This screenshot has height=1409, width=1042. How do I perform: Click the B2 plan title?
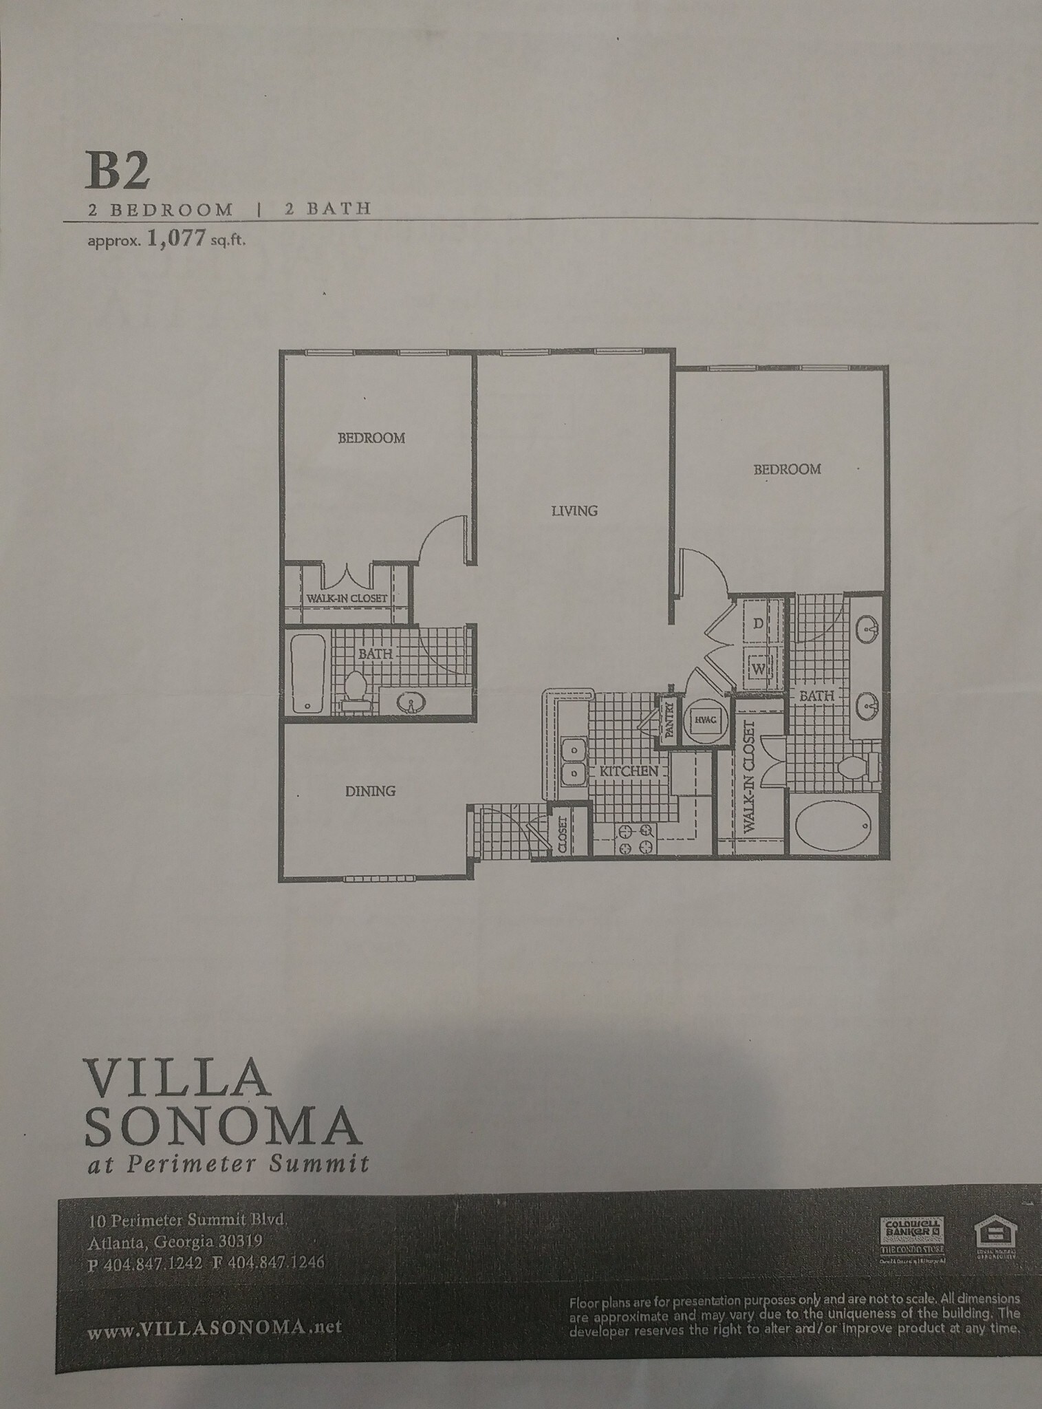pos(118,171)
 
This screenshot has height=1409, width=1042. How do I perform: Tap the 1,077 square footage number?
pos(177,241)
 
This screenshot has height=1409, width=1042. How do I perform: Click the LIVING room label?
pos(574,510)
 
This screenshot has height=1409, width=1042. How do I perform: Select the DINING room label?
pos(370,791)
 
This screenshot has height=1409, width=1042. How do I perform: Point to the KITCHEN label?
pos(629,771)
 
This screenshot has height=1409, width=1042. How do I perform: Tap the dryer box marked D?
pos(758,623)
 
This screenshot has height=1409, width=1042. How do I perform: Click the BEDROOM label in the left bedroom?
pos(371,438)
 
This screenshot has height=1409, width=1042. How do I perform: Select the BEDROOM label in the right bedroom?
pos(787,469)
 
